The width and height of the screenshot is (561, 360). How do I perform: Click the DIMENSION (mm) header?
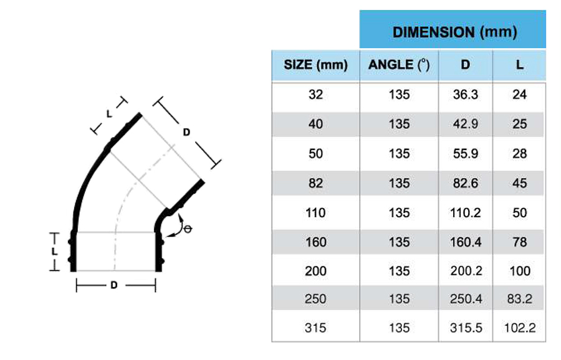click(x=454, y=32)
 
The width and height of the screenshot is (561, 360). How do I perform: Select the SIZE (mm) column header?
click(x=315, y=65)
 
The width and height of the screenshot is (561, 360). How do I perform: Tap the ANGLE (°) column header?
click(x=399, y=65)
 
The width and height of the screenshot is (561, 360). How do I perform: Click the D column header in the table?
click(x=465, y=65)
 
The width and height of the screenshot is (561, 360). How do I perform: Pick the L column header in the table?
click(x=519, y=65)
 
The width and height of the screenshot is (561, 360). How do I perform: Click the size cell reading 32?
click(x=315, y=95)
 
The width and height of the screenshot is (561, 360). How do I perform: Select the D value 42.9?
click(x=465, y=124)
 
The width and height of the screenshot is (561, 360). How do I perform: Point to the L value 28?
click(x=519, y=154)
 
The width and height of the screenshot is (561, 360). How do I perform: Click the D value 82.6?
click(x=465, y=183)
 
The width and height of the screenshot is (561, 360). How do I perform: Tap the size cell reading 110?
click(x=315, y=213)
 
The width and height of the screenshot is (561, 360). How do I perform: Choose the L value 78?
click(x=519, y=242)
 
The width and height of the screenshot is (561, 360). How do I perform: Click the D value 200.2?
click(x=465, y=272)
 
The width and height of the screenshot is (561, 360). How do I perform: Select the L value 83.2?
click(x=519, y=300)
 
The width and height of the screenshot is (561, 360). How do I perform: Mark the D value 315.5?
click(x=465, y=328)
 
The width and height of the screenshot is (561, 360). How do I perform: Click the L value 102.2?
click(x=519, y=328)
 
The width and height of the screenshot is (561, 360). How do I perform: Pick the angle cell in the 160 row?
click(x=399, y=242)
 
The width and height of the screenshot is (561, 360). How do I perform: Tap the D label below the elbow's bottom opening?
click(x=114, y=285)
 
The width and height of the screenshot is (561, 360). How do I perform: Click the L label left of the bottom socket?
click(x=54, y=252)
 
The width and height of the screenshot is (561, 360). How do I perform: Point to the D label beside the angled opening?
click(x=186, y=133)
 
